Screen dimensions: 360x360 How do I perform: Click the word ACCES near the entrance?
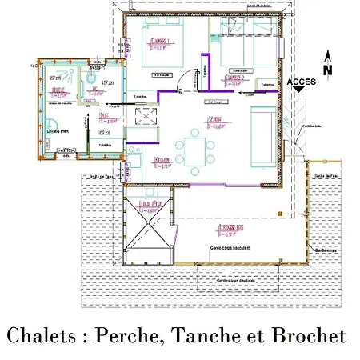(x=301, y=82)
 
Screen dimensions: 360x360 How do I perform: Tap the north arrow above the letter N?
(x=326, y=55)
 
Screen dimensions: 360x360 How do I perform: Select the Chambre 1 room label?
(x=158, y=42)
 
